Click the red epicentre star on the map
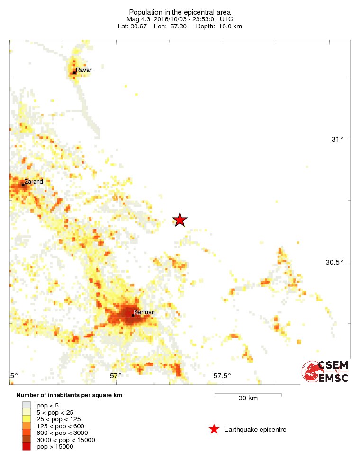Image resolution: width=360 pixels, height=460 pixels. (180, 220)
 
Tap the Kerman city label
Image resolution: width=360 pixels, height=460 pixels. (144, 312)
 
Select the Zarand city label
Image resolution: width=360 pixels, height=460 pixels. (34, 181)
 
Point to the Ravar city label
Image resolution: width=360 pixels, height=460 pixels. (84, 70)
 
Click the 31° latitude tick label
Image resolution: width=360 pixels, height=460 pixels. (337, 139)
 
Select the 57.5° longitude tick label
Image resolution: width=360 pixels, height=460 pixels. (222, 376)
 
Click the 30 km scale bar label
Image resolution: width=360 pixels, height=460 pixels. (248, 398)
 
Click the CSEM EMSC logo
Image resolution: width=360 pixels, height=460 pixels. (326, 372)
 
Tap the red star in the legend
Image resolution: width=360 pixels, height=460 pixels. (214, 429)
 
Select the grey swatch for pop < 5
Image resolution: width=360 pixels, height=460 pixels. (26, 405)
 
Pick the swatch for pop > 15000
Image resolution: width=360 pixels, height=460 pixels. (26, 447)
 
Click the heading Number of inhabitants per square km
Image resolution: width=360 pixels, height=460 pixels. (69, 395)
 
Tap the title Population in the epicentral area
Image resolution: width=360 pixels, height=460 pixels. (180, 12)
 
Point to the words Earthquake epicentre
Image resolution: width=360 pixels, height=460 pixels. (255, 429)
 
